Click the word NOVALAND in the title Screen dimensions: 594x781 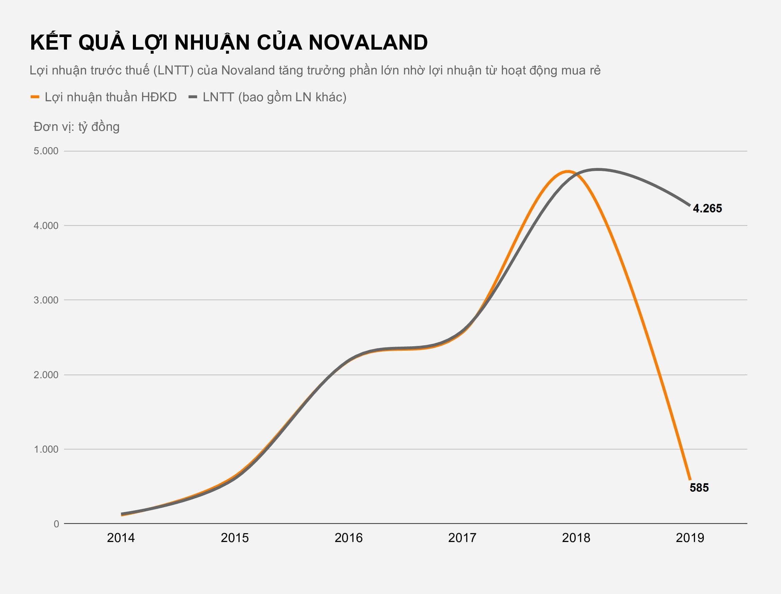(x=368, y=43)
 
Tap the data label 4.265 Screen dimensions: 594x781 (x=707, y=208)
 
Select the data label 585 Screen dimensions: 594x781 (x=699, y=488)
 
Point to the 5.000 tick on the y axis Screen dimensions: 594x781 (x=46, y=151)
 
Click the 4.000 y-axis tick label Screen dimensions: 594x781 (x=46, y=226)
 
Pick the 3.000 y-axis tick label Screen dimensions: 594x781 (x=46, y=300)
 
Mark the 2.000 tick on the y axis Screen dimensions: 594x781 (x=46, y=375)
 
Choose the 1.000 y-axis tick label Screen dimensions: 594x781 (x=46, y=449)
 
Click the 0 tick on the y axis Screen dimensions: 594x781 (x=56, y=524)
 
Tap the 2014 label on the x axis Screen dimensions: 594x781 (x=121, y=538)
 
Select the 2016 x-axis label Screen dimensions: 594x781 (x=349, y=538)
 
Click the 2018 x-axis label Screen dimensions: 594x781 (x=576, y=538)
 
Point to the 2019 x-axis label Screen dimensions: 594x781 (x=690, y=538)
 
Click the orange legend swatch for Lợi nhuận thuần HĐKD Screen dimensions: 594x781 (x=35, y=97)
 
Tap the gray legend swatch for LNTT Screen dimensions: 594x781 (x=193, y=97)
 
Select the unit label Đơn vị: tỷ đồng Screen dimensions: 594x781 (x=76, y=126)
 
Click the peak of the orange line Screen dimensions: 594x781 (x=567, y=172)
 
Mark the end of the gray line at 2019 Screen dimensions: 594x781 (x=690, y=206)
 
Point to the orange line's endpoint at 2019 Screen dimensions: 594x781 (x=690, y=479)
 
